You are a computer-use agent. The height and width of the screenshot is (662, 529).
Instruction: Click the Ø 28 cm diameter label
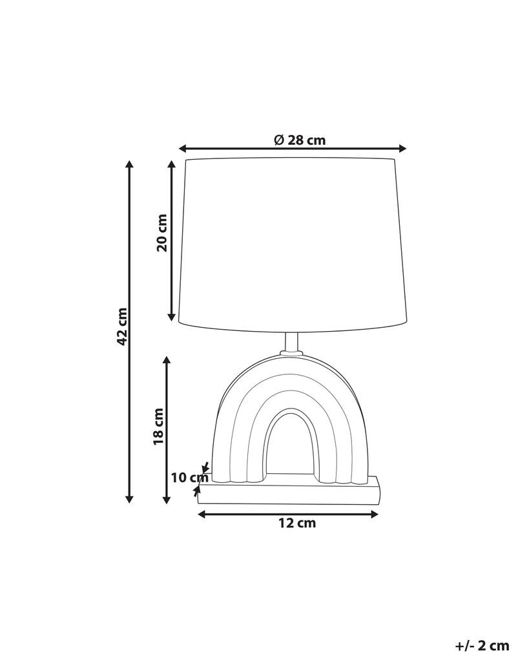coord(300,140)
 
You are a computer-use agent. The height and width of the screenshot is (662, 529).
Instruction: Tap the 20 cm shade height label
coord(162,233)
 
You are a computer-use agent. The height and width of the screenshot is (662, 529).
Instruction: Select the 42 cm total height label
coord(122,326)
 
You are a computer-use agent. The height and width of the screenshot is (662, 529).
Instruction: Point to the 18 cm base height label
coord(158,426)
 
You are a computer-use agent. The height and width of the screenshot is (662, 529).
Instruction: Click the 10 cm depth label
coord(190,478)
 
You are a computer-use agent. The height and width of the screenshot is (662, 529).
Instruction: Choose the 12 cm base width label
coord(297,523)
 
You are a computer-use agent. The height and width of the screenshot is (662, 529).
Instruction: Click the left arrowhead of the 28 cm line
coord(182,148)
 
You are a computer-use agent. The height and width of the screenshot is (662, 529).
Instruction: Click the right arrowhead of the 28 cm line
coord(402,148)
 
